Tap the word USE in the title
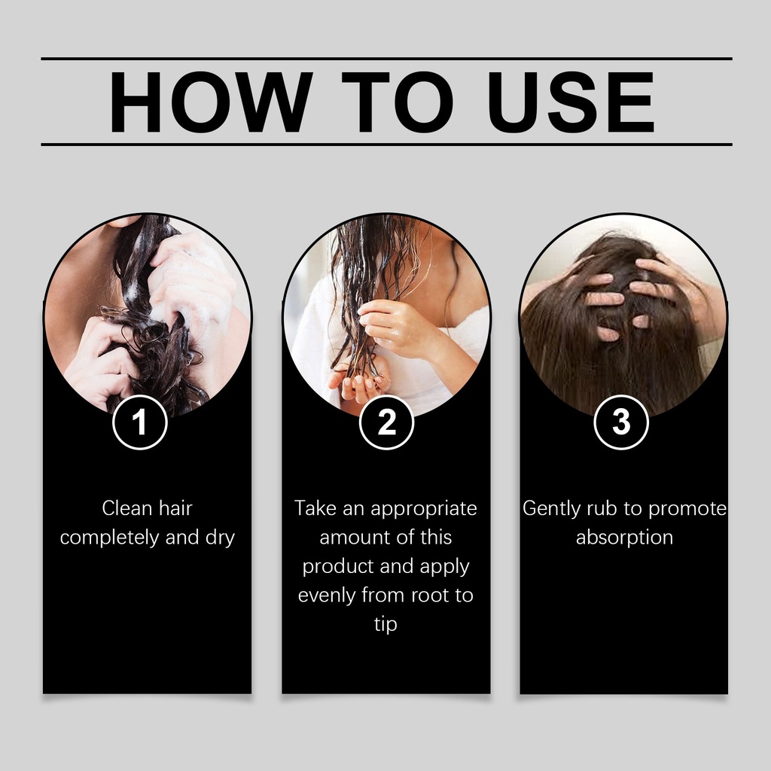point(571,102)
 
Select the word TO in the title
point(398,102)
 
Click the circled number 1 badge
point(140,422)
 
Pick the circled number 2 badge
point(386,422)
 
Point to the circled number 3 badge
point(621,422)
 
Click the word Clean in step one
point(126,508)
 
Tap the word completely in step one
point(110,538)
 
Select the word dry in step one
point(221,538)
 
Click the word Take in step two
point(315,508)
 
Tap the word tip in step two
point(385,625)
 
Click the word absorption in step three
point(624,538)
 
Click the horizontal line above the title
point(386,59)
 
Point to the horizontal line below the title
point(386,145)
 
